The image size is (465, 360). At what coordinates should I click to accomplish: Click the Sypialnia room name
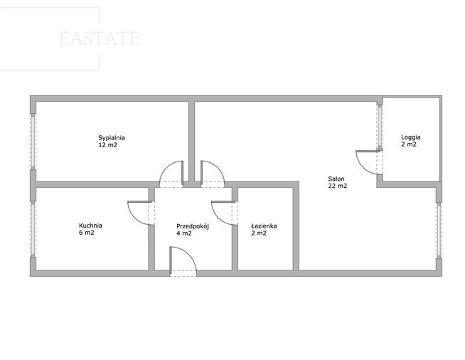point(112,138)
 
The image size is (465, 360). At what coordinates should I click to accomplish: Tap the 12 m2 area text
point(107,145)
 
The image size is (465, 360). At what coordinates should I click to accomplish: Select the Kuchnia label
point(90,226)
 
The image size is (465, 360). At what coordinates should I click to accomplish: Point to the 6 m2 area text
point(86,233)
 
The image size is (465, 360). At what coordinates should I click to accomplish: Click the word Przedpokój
point(193,226)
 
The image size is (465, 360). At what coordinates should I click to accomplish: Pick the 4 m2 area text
point(184,233)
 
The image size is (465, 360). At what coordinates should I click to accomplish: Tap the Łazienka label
point(264,226)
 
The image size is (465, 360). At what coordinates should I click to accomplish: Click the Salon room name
point(336,179)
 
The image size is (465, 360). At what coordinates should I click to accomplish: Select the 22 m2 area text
point(338,186)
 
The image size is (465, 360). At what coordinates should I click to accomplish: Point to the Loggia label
point(411,137)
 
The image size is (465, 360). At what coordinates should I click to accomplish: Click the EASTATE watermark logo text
point(100,38)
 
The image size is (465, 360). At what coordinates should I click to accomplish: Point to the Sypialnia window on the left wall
point(33,142)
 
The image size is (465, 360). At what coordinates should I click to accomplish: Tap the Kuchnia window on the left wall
point(33,229)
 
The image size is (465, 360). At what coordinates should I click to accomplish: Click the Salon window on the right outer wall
point(439,231)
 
